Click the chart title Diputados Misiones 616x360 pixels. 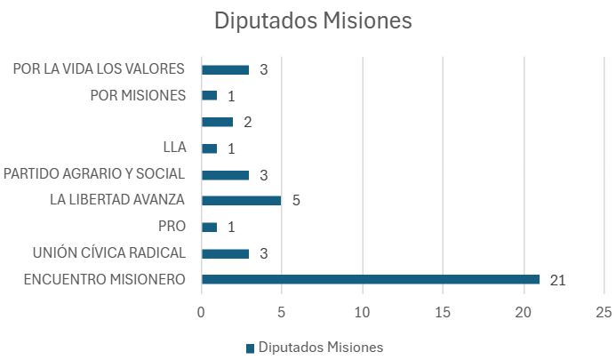click(313, 20)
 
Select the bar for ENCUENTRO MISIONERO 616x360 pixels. click(371, 279)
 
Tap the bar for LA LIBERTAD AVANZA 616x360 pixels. click(241, 201)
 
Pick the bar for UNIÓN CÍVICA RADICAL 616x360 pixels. click(225, 253)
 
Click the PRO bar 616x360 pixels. click(210, 228)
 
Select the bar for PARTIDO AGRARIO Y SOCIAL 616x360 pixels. click(225, 175)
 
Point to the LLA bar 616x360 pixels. click(210, 148)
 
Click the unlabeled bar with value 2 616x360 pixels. click(217, 122)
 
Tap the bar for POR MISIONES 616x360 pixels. click(210, 95)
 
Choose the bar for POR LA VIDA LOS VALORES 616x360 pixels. click(225, 69)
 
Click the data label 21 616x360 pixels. click(557, 280)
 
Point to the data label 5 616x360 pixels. click(296, 200)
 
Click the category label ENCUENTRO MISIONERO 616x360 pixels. click(105, 279)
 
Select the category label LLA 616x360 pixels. click(174, 148)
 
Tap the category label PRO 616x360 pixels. click(172, 227)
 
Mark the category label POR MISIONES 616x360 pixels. click(138, 95)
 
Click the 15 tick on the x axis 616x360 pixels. click(443, 313)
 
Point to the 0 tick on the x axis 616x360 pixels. click(201, 313)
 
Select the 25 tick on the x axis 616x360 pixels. click(604, 313)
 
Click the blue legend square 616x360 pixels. click(251, 348)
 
